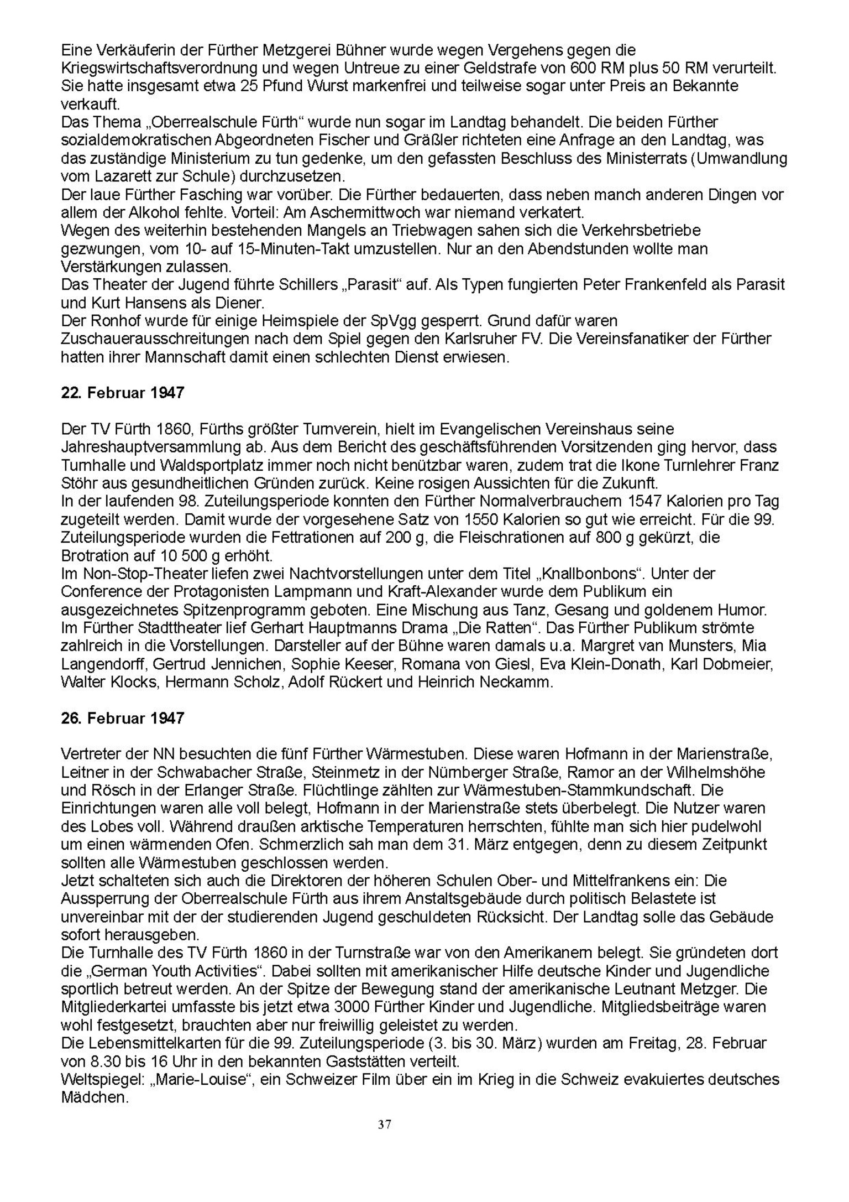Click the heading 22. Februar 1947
point(122,393)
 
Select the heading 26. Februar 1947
point(122,719)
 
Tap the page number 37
point(385,1125)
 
